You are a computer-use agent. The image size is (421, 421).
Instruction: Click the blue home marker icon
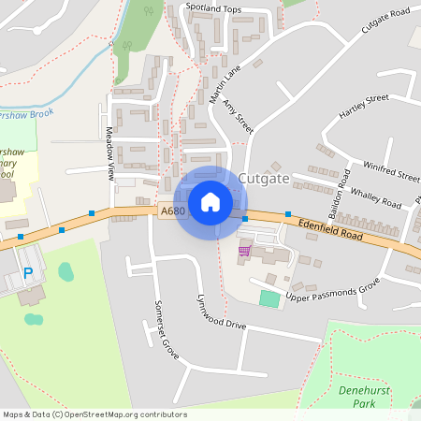click(x=210, y=202)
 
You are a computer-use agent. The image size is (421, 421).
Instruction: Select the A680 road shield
click(x=171, y=212)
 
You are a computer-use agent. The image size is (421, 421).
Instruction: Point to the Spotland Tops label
click(x=213, y=8)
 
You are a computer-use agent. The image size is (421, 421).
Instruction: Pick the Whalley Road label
click(x=375, y=197)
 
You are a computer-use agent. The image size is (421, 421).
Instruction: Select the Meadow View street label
click(x=110, y=153)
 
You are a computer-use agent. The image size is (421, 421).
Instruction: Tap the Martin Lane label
click(x=225, y=84)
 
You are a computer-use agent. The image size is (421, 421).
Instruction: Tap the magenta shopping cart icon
click(x=244, y=250)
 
